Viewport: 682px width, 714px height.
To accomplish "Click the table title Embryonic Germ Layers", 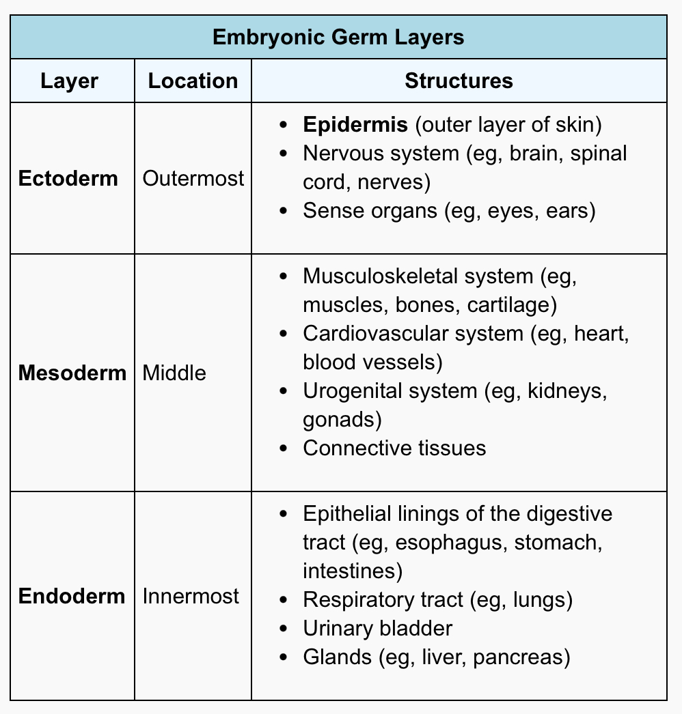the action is coord(338,38).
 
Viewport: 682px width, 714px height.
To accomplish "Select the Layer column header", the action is coord(69,81).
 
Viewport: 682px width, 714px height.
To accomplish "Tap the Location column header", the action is coord(193,81).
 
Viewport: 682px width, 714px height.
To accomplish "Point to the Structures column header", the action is coord(459,81).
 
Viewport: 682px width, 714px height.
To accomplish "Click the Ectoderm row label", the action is coord(68,178).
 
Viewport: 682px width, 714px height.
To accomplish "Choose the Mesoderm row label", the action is coord(72,373).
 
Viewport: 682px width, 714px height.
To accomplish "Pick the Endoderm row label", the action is coord(72,596).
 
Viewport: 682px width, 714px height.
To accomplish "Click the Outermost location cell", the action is coord(193,178).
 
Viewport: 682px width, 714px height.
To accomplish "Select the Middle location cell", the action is coord(174,373).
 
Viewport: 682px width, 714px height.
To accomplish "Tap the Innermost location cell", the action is coord(191,596).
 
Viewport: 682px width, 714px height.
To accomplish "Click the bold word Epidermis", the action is coord(355,125).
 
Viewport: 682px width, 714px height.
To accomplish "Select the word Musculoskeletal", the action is coord(418,276).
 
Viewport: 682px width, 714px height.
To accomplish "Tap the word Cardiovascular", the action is coord(413,333).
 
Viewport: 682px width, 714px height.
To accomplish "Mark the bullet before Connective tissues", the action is coord(284,448).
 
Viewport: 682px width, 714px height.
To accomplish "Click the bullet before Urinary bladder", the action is coord(284,629).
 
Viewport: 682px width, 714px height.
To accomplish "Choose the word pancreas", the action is coord(519,658).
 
